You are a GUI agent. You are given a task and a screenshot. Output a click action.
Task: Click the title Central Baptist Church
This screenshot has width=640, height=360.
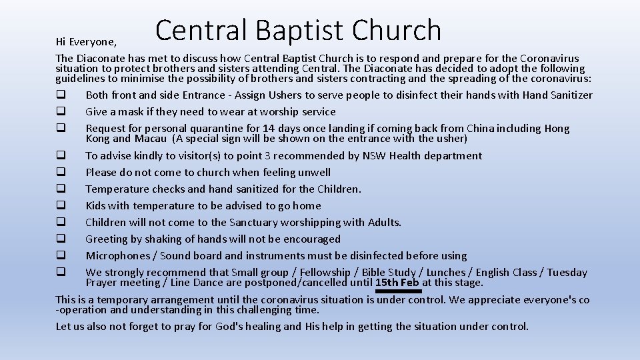point(298,31)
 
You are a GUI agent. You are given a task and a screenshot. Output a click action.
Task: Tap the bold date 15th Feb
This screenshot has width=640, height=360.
point(397,283)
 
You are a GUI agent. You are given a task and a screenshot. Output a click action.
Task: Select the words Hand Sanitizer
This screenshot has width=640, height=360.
point(557,95)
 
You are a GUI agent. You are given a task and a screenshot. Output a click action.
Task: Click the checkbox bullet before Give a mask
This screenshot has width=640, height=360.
point(60,111)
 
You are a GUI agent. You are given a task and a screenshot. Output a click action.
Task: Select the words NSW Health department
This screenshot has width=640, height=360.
point(422,156)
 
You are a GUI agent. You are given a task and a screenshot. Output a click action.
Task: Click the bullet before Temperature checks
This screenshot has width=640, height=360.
point(60,189)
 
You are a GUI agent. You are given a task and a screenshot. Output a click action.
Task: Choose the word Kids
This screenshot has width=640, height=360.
point(97,206)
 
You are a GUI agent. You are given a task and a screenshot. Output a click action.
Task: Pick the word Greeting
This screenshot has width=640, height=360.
point(107,239)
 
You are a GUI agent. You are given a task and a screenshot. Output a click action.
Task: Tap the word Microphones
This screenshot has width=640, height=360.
point(118,256)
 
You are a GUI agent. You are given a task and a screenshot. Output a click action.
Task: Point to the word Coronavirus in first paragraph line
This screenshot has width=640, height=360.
point(549,59)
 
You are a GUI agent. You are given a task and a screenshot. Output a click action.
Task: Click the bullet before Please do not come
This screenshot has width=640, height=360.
point(60,172)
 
